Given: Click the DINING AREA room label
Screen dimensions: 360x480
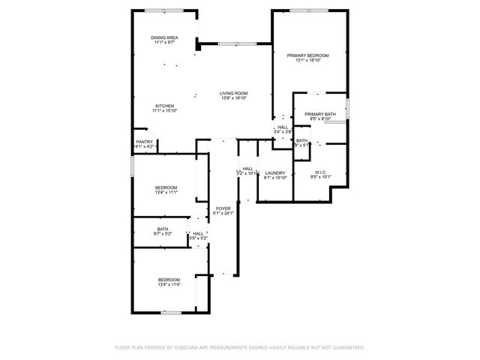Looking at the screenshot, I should (163, 37).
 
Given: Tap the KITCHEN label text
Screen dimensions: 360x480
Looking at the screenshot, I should (164, 106).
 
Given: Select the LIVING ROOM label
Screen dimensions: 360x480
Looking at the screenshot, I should (233, 93).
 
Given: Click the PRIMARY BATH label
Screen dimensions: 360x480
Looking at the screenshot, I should (319, 114).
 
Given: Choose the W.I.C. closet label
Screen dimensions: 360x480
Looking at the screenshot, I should (320, 172).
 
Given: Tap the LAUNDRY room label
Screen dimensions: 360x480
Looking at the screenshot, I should (275, 173).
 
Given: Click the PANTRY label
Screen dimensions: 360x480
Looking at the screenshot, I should (144, 142).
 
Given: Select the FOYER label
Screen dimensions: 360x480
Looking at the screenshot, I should (223, 208).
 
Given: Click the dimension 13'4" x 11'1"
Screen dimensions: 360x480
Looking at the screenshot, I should (166, 193).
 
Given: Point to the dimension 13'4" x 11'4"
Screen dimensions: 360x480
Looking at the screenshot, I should (168, 285).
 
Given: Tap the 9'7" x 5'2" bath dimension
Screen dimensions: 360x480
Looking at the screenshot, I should (163, 235).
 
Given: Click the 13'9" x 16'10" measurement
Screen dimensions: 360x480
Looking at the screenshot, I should (233, 98).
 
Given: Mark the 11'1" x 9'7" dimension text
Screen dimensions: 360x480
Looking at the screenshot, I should (163, 43).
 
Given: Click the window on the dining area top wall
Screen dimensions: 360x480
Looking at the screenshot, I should (163, 10).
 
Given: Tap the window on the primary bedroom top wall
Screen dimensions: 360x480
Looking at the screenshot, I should (309, 10).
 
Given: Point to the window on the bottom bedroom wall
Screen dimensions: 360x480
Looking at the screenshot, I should (172, 312).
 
